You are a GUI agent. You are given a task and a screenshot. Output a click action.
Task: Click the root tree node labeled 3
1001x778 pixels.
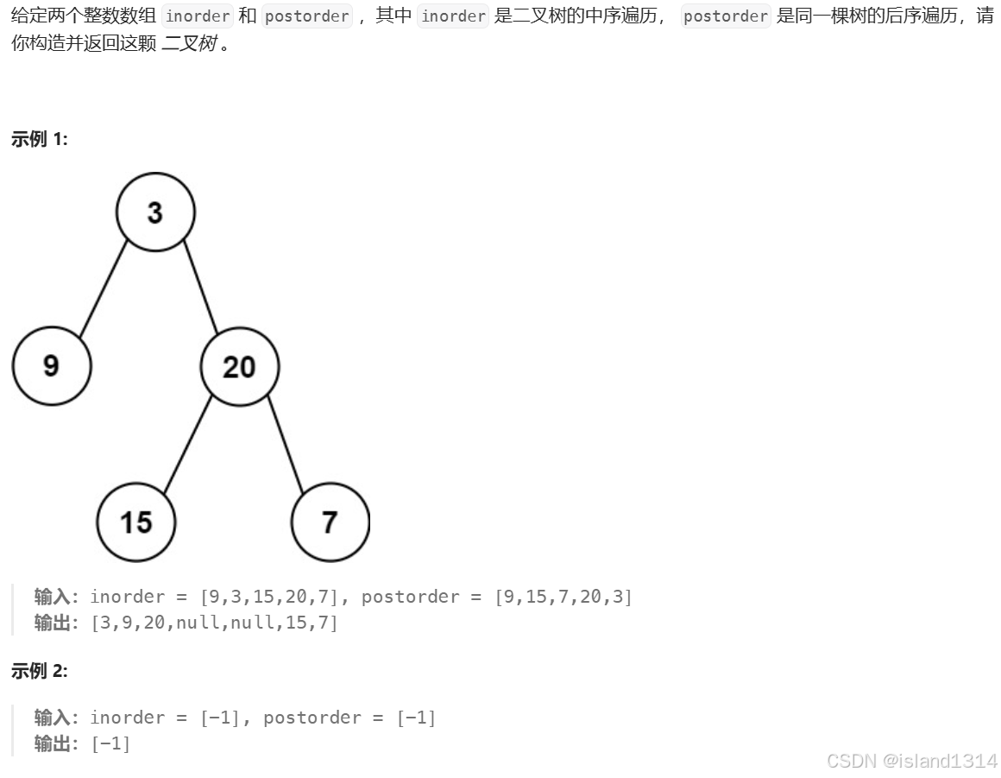coord(155,212)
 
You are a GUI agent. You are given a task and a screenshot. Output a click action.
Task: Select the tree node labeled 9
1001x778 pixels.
coord(51,366)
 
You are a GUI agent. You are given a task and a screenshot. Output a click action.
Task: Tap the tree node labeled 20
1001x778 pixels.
coord(239,367)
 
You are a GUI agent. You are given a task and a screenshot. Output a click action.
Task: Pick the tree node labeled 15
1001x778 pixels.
coord(135,522)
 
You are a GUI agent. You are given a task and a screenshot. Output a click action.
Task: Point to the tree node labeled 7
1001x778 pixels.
coord(330,522)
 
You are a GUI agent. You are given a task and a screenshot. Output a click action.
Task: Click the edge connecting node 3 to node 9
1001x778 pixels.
coord(103,289)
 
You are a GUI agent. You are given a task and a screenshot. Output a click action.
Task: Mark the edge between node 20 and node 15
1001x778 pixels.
coord(187,445)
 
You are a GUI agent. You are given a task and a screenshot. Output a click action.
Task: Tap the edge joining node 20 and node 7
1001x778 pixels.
coord(286,445)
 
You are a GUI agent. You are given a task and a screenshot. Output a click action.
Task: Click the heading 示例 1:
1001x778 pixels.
coord(39,139)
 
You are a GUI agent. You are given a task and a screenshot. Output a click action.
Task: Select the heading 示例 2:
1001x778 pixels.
coord(39,671)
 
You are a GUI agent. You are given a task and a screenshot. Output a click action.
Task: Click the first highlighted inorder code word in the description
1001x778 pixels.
coord(198,16)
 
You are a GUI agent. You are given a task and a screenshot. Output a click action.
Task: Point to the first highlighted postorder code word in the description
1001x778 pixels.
coord(306,16)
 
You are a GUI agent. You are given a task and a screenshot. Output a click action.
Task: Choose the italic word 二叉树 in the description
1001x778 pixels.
coord(189,42)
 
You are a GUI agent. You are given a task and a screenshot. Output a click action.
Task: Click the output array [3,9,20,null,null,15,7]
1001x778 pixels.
coord(214,622)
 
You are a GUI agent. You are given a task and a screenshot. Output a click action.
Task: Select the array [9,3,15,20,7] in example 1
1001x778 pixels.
coord(271,597)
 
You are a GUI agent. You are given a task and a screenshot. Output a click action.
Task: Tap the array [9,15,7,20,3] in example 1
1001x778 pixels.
coord(563,597)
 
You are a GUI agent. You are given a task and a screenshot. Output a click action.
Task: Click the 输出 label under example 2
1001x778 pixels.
coord(52,743)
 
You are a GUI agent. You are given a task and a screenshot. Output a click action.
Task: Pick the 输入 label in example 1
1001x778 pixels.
coord(52,597)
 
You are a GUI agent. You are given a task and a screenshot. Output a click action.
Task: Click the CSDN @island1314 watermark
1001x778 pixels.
coord(911,760)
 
